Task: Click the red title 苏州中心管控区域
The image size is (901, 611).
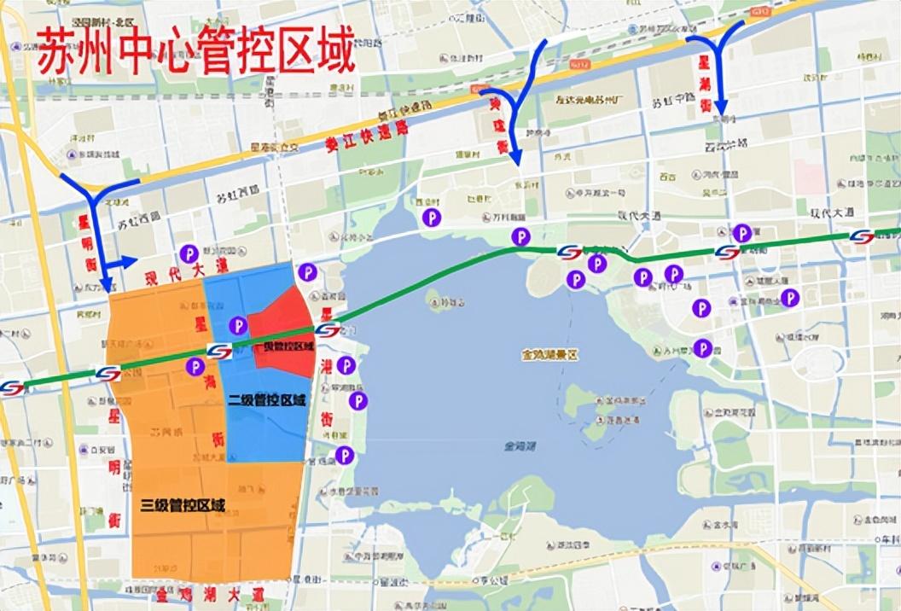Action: click(x=195, y=54)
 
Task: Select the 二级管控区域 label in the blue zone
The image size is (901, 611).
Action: click(x=266, y=399)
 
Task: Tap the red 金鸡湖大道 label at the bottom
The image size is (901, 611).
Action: click(x=210, y=593)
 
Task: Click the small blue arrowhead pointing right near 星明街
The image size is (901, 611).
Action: click(x=130, y=262)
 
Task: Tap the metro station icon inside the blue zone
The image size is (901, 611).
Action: click(x=219, y=352)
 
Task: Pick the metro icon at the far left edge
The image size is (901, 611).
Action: click(x=12, y=388)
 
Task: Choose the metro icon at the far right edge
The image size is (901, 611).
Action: click(x=862, y=237)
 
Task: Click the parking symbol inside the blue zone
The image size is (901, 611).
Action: click(x=237, y=325)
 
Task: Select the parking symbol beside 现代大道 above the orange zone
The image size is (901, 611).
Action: click(x=189, y=253)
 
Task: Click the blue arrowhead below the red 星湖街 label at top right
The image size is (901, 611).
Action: click(x=719, y=106)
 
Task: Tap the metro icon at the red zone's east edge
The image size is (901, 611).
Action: click(x=327, y=330)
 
